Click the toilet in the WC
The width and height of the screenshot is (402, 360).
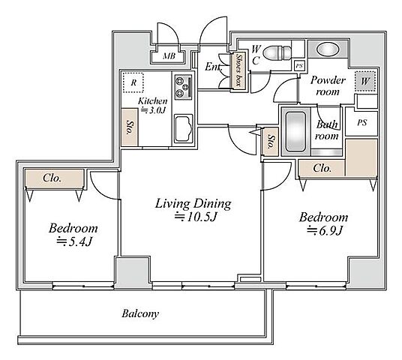278,53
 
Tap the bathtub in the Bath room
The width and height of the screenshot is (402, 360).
295,132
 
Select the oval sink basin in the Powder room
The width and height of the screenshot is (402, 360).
326,49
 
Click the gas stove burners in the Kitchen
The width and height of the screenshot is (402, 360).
183,87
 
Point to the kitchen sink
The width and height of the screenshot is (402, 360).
184,128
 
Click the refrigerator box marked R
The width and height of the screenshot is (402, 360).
133,82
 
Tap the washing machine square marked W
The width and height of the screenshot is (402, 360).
365,81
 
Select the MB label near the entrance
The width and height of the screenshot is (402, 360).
169,55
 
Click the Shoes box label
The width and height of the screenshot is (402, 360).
239,70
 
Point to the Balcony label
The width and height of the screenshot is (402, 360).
140,313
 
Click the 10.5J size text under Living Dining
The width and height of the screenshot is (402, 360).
196,217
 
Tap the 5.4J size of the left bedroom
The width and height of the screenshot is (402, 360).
74,241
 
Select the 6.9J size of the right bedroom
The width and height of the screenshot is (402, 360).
325,230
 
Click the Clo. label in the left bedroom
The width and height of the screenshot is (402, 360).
52,178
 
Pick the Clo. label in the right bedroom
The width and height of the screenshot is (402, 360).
322,169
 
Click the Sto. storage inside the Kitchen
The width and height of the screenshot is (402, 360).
130,127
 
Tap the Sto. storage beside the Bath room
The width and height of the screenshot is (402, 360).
271,142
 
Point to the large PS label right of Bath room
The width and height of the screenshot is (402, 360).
362,123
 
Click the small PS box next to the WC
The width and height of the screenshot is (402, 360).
299,66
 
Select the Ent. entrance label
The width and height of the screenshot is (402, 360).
213,67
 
